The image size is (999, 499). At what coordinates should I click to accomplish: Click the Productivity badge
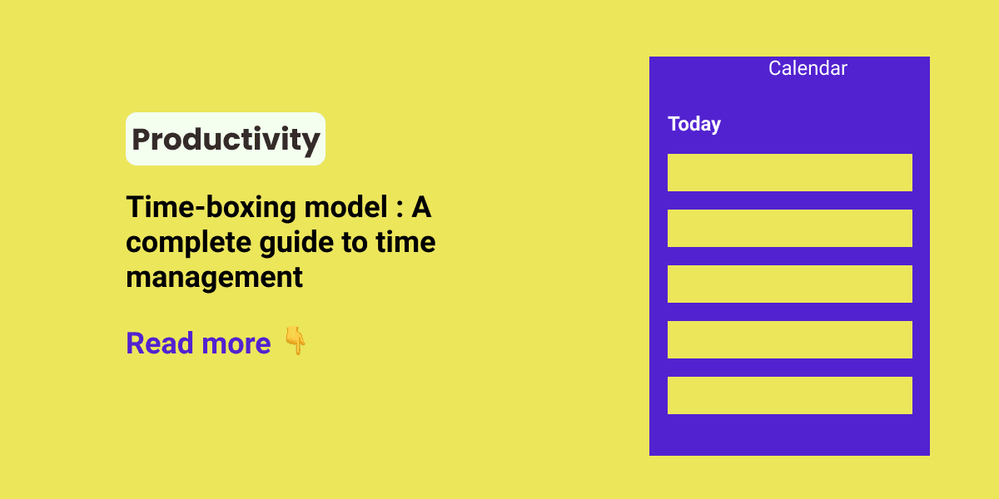(226, 139)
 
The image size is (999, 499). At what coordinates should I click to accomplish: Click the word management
(214, 277)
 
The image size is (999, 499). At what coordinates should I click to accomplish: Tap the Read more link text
(198, 343)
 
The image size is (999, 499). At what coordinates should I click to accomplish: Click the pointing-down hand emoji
(295, 341)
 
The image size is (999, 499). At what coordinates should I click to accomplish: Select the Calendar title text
(808, 68)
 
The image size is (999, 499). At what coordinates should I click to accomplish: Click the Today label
(694, 124)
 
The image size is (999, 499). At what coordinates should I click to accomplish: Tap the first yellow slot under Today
(789, 172)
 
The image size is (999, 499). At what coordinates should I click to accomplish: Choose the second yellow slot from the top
(789, 228)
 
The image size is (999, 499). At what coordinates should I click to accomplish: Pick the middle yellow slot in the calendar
(789, 284)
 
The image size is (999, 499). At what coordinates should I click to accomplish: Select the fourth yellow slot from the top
(789, 339)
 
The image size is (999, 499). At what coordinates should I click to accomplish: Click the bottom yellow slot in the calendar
(789, 395)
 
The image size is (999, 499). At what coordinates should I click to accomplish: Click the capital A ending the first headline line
(421, 208)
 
